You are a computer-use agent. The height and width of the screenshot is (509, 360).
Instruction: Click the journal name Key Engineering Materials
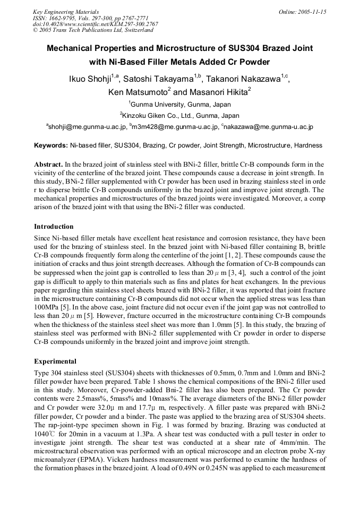(x=66, y=12)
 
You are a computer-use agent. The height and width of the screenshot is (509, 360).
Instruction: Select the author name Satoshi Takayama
(x=158, y=80)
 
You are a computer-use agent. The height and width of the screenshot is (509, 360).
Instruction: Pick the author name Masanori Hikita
(x=215, y=92)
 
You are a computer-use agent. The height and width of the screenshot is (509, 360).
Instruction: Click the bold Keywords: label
(x=51, y=145)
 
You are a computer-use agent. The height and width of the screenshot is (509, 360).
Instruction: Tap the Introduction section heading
(x=54, y=227)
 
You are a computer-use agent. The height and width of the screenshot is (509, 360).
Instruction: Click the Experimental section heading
(x=55, y=361)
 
